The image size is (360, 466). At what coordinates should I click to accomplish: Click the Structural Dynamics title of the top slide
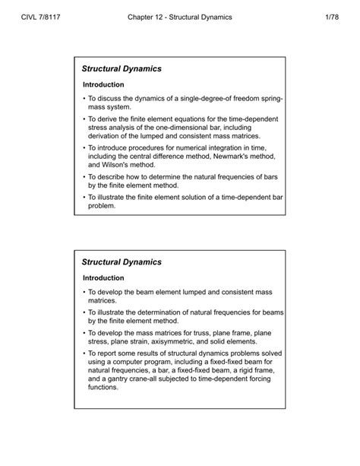[122, 68]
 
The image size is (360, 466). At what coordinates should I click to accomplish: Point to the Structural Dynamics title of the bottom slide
[122, 262]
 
